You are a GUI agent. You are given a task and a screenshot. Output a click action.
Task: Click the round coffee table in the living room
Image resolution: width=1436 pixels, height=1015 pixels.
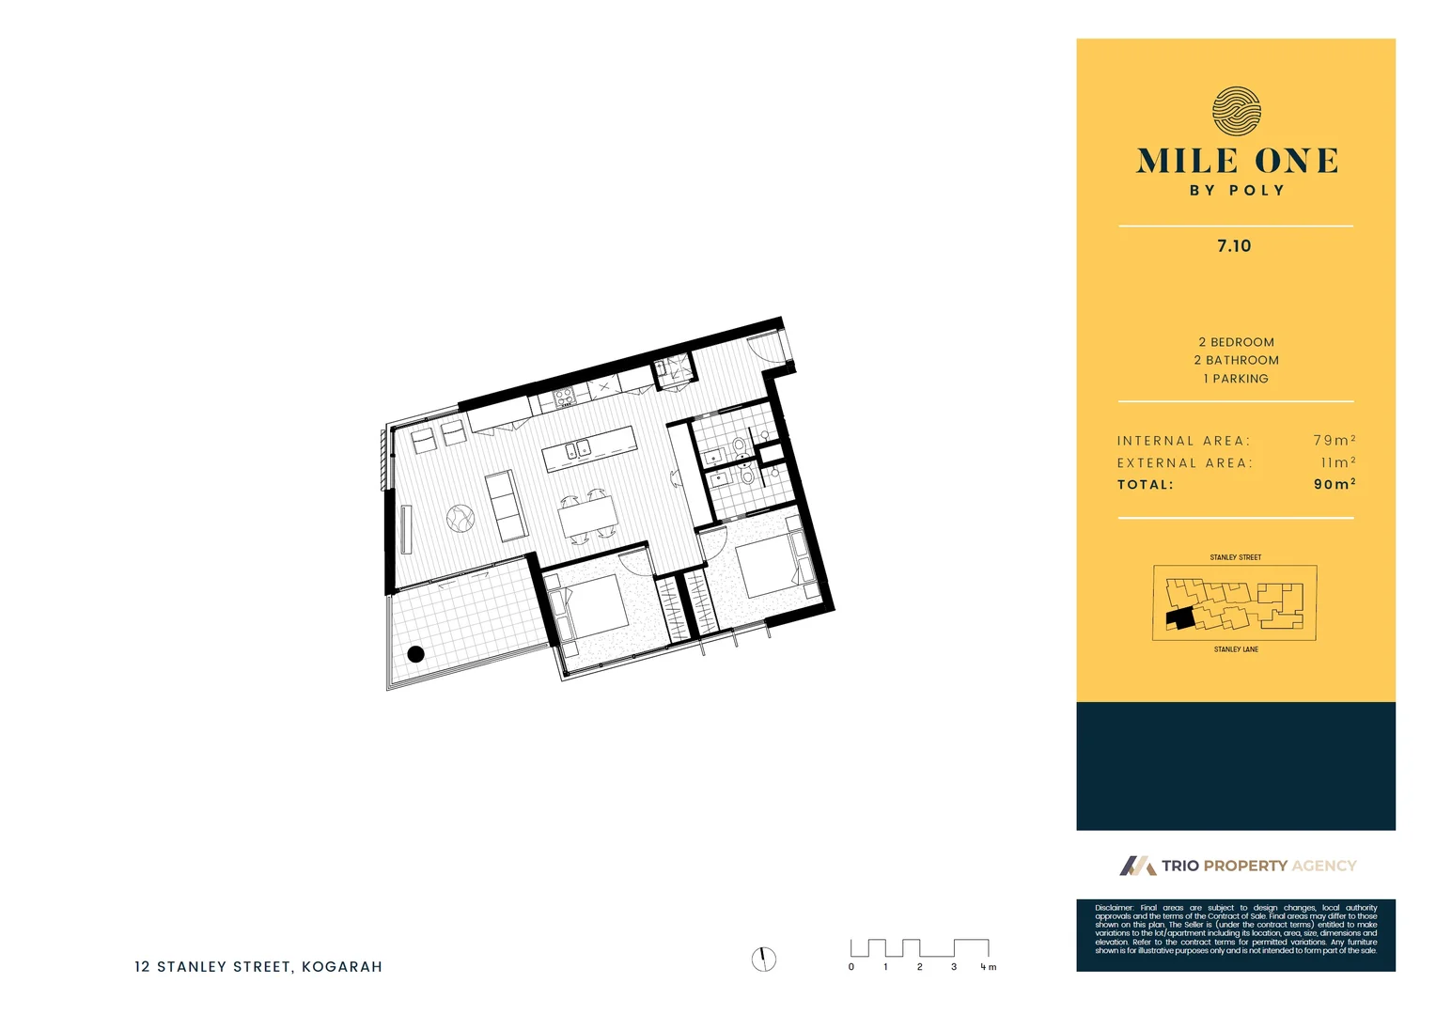[460, 518]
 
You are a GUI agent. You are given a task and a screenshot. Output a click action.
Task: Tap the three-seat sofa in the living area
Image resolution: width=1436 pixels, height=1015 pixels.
[506, 506]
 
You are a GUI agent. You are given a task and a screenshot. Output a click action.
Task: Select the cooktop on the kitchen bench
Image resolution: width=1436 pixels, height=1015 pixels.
[564, 398]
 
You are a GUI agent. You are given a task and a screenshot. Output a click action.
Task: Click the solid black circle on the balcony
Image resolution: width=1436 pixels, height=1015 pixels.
[415, 654]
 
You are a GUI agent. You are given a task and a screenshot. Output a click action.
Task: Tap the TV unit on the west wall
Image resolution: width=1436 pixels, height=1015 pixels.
[406, 529]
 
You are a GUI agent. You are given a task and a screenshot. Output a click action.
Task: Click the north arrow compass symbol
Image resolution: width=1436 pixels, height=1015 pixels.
[764, 959]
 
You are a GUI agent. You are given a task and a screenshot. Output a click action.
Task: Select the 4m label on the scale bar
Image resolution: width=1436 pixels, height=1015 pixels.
[988, 967]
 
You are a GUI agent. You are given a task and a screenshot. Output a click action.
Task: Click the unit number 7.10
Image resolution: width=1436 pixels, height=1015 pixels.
[1234, 246]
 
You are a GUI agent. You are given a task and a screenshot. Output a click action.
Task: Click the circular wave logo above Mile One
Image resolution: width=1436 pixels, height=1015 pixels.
[1236, 111]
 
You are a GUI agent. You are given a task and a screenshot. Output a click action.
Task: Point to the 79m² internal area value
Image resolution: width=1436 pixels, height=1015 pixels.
[1334, 440]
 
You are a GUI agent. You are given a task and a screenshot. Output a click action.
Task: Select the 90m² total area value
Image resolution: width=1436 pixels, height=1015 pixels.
[1334, 484]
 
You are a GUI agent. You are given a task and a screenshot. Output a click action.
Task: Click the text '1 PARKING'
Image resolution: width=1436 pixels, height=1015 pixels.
[1236, 379]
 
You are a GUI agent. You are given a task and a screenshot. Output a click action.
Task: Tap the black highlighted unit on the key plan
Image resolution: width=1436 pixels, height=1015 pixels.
[1178, 618]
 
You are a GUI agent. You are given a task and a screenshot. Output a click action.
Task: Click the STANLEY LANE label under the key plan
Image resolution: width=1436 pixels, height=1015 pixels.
[1236, 649]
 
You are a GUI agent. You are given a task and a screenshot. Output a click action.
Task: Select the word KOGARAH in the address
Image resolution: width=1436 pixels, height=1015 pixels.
[342, 966]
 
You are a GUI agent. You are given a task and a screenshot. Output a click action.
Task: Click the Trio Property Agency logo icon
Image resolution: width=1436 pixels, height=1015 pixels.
[1137, 866]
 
